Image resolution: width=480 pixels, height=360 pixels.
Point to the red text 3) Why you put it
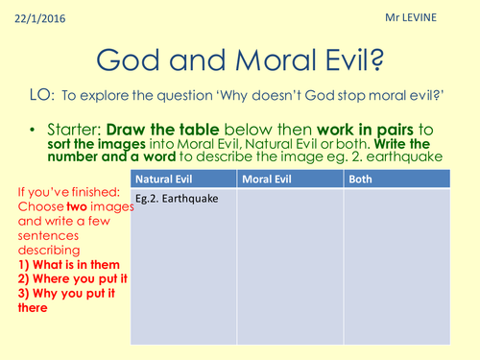[x=63, y=294]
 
